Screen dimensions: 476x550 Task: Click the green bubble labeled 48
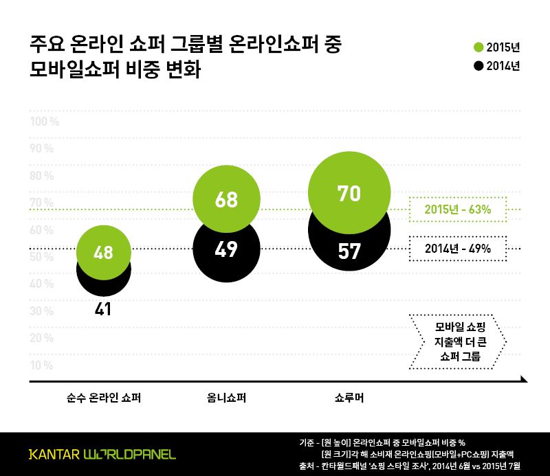103,251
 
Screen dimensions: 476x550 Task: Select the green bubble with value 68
226,199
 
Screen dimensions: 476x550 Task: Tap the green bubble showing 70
349,192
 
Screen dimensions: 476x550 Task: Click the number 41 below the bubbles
103,309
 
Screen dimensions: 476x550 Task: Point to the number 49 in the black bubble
226,249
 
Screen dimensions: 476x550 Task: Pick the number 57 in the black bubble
349,251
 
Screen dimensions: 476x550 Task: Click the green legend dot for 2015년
478,47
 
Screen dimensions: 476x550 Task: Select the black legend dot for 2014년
478,67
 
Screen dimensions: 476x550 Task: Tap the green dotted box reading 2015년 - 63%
457,209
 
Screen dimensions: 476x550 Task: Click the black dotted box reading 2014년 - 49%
457,249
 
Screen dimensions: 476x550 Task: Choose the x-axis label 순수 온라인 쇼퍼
103,397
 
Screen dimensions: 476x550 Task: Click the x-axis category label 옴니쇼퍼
226,397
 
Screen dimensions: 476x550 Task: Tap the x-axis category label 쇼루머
349,397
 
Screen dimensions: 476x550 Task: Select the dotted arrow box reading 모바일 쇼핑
456,341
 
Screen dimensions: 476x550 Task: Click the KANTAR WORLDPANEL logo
102,454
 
